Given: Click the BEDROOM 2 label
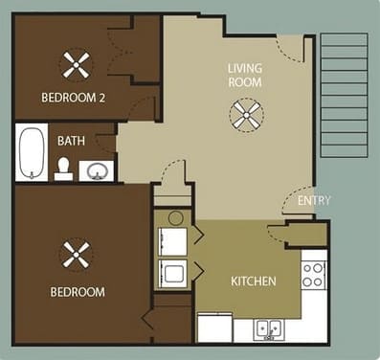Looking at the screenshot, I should point(74,98).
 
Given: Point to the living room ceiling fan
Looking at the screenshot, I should point(246,117).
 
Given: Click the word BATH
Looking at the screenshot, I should point(71,141).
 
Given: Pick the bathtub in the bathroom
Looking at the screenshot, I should point(32,153).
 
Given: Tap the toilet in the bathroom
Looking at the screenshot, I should point(63,169).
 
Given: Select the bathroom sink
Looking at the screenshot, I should point(97,171).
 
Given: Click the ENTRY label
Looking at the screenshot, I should point(314,201).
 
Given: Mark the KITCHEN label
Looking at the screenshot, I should point(254,282).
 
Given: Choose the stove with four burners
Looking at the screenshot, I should point(314,275).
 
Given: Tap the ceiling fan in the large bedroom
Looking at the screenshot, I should point(76,255).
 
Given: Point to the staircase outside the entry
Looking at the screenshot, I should point(343,92).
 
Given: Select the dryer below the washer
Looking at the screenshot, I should point(174,275).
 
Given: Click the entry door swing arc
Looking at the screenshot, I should point(295,199).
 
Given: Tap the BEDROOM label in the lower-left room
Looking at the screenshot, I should point(79,291).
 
